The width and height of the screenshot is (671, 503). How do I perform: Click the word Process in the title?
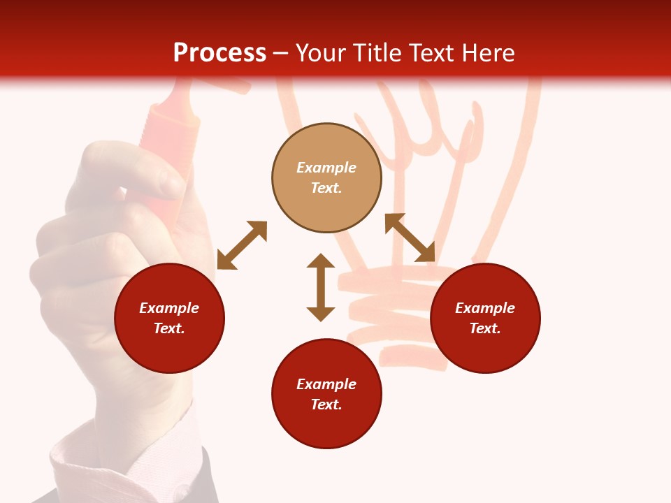[219, 53]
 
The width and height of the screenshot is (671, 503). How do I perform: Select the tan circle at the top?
[326, 178]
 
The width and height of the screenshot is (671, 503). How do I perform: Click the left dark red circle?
[169, 318]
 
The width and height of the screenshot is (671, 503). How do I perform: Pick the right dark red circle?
[485, 318]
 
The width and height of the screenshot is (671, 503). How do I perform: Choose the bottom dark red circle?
[326, 394]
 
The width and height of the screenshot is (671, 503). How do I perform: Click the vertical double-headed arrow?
[321, 287]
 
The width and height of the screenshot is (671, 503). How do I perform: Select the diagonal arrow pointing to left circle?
[242, 245]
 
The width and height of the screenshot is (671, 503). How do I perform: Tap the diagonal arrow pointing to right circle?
[410, 238]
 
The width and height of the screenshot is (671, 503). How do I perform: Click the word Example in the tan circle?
[326, 168]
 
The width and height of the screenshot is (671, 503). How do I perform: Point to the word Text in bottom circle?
[326, 404]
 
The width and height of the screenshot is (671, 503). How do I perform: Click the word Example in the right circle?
[485, 308]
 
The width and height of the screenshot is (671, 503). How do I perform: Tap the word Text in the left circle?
[169, 328]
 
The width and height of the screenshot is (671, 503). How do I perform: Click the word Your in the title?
[322, 53]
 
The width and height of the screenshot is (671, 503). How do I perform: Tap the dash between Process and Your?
[280, 53]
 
